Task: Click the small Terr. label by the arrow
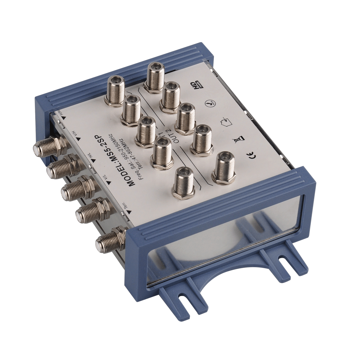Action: coord(123,203)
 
